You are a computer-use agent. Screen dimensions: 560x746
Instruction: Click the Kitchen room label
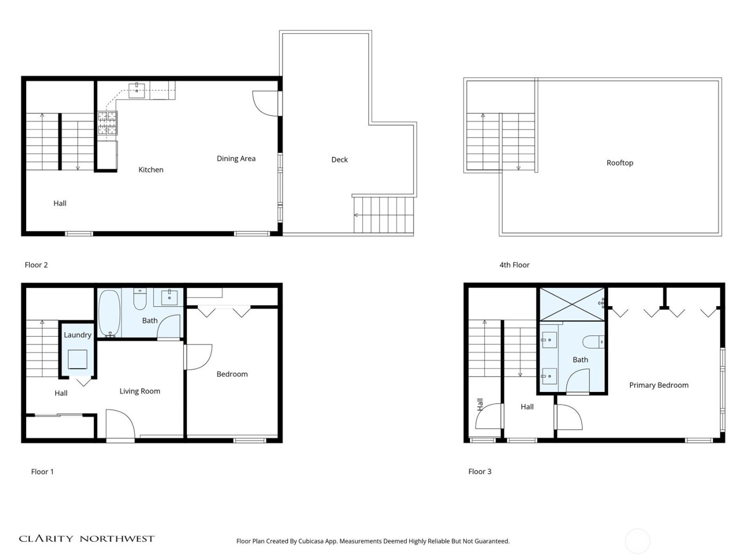151,170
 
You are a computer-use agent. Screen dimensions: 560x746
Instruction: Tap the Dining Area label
236,158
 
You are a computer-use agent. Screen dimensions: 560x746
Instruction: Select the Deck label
339,159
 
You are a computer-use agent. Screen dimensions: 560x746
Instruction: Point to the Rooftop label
620,163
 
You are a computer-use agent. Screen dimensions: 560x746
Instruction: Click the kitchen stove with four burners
107,123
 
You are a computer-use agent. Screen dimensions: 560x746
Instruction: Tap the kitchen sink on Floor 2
137,88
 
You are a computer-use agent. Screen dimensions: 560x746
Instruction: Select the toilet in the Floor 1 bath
140,300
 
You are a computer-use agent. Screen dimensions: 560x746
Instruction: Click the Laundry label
78,335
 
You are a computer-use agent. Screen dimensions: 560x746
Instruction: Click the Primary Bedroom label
659,385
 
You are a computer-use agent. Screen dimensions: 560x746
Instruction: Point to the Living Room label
140,391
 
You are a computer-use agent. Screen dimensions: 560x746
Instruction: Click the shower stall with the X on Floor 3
572,304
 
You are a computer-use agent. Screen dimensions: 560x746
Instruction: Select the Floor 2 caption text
36,265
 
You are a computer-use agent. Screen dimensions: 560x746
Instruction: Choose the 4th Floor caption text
514,265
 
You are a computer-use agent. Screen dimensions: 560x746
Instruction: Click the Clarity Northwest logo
86,539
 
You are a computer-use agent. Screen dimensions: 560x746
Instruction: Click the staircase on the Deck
383,214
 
